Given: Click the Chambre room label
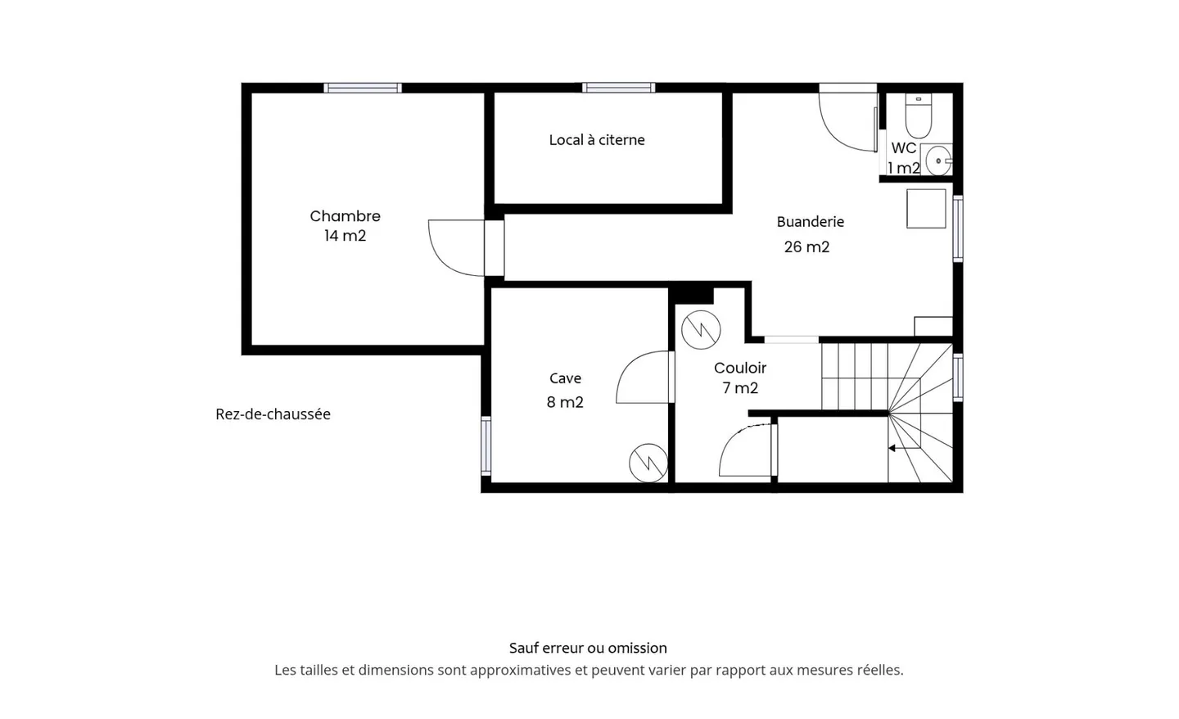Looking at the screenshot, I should click(345, 216).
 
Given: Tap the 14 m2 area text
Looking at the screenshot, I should click(345, 236).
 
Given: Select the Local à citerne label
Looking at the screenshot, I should click(597, 140).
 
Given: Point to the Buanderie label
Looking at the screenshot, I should click(810, 222).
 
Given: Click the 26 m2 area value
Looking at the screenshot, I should click(806, 246).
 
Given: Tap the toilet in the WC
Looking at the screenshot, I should click(918, 117).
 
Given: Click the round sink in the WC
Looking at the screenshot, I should click(937, 161).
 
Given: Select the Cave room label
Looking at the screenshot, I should click(565, 378).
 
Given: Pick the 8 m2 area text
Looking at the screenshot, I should click(565, 402).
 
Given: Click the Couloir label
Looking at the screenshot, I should click(740, 369).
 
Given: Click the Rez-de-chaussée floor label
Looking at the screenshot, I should click(273, 414).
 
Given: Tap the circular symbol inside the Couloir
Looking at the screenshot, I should click(701, 330).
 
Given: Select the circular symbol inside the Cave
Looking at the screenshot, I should click(648, 463).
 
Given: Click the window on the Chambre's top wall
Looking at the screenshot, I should click(362, 88).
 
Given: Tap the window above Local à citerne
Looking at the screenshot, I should click(618, 88).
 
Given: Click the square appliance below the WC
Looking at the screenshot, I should click(926, 209).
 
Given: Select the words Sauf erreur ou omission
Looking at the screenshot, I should click(588, 648).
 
